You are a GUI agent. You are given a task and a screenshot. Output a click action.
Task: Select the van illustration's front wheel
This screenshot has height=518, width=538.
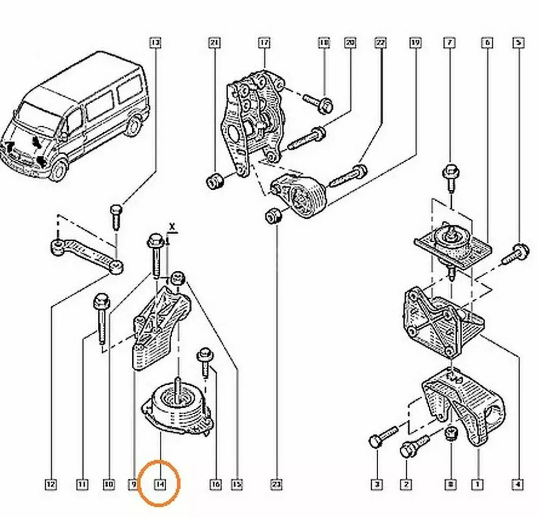pyautogui.click(x=58, y=170)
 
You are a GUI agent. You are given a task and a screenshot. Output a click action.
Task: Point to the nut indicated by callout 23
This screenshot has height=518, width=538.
pyautogui.click(x=273, y=216)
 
